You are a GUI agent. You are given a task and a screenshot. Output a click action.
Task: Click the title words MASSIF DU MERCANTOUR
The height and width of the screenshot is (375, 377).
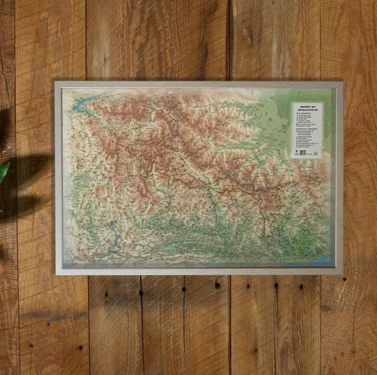pyautogui.click(x=306, y=108)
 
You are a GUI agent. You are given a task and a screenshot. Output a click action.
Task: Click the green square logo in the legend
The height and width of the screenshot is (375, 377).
pyautogui.click(x=303, y=152)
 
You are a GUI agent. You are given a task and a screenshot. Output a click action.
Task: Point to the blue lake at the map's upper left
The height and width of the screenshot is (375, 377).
pyautogui.click(x=82, y=105)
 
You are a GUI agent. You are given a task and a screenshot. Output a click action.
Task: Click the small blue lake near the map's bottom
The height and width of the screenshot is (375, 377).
pyautogui.click(x=116, y=241)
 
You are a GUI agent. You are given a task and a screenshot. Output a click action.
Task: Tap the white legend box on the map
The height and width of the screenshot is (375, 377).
pyautogui.click(x=306, y=130)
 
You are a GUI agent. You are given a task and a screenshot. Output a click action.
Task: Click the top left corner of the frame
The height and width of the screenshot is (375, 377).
pyautogui.click(x=56, y=82)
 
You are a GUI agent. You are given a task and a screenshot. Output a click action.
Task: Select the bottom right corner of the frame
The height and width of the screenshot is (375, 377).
pyautogui.click(x=341, y=273)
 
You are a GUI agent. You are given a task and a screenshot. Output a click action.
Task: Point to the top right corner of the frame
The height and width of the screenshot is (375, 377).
pyautogui.click(x=342, y=82)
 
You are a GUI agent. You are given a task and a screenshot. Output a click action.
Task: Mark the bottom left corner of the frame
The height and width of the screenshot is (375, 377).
pyautogui.click(x=56, y=274)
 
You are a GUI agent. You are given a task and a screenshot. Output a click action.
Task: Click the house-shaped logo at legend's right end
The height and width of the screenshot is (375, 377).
pyautogui.click(x=315, y=152)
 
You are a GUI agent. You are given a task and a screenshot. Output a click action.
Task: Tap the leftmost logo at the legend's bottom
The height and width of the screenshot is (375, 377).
pyautogui.click(x=296, y=152)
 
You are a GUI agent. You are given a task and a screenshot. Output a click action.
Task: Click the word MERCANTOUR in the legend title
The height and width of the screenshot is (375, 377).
pyautogui.click(x=306, y=110)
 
